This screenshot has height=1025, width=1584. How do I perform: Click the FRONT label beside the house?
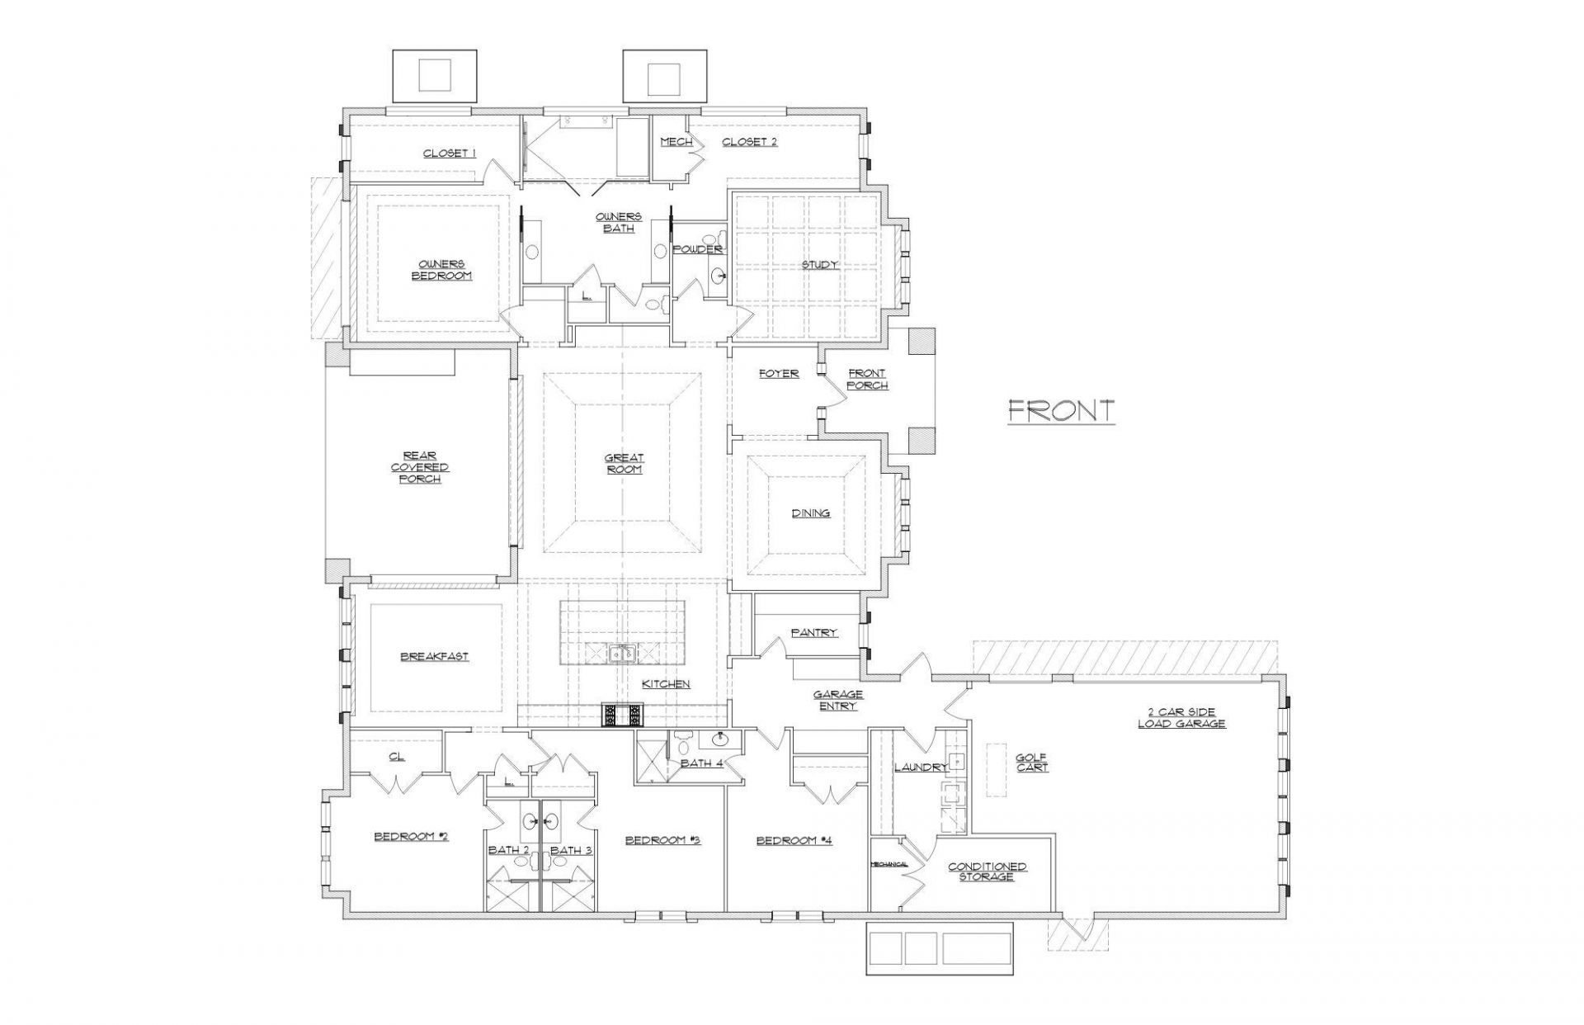(1061, 410)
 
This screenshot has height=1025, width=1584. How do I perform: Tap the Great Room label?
(624, 463)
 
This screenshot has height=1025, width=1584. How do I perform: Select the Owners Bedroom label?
(442, 270)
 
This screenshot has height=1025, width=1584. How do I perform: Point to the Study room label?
(819, 265)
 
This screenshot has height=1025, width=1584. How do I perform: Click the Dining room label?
(810, 513)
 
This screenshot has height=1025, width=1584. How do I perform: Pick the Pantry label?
(813, 632)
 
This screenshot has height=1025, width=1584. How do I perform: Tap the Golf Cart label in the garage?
(1031, 762)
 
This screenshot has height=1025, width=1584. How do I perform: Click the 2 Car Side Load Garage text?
(1181, 718)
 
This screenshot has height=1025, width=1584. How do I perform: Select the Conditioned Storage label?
(987, 871)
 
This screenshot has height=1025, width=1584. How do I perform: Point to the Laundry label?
(921, 768)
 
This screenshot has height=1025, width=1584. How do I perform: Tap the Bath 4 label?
(701, 763)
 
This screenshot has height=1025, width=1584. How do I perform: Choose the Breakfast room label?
(434, 657)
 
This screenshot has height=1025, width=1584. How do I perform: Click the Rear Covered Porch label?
(420, 467)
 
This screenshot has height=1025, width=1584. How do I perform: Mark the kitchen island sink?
(623, 654)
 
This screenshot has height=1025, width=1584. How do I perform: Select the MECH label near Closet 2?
(676, 142)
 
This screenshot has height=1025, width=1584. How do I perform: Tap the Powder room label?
(697, 249)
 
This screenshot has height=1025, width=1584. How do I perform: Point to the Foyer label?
(779, 374)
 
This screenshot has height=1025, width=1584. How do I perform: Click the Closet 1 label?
(450, 154)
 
